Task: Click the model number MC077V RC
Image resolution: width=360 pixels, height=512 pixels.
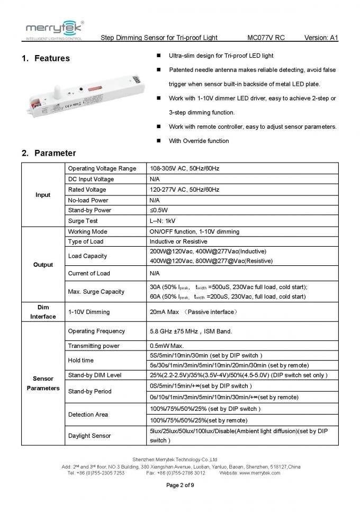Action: (x=265, y=38)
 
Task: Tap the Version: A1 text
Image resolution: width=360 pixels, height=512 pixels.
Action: (x=321, y=38)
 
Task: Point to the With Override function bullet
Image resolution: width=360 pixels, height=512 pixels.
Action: (x=199, y=141)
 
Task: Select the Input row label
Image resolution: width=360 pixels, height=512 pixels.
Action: (x=43, y=195)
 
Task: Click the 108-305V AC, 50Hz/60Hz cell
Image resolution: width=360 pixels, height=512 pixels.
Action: (x=184, y=168)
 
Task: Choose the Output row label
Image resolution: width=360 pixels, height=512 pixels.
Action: (x=43, y=265)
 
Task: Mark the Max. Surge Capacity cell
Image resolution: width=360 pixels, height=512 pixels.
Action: (x=96, y=292)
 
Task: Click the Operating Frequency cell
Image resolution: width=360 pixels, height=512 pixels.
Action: (x=96, y=331)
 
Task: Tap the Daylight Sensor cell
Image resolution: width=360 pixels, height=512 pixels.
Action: (x=89, y=436)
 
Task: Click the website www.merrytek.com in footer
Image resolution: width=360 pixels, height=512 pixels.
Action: (x=257, y=473)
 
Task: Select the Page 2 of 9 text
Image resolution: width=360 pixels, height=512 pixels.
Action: (x=181, y=485)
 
